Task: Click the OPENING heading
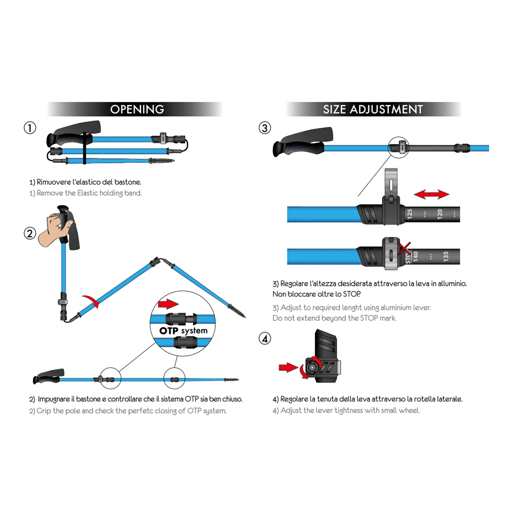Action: click(137, 109)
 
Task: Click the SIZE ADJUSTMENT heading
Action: click(373, 109)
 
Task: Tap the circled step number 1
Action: click(30, 128)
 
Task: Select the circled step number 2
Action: click(30, 234)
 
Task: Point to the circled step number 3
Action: click(265, 128)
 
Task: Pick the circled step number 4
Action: click(265, 338)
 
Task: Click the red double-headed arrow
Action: click(432, 194)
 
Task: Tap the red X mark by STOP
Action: click(405, 249)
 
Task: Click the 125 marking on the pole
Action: click(410, 214)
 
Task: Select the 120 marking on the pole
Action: click(440, 214)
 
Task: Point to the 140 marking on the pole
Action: click(415, 257)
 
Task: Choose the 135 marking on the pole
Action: click(446, 257)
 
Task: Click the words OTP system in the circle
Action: click(183, 331)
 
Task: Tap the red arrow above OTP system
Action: click(168, 304)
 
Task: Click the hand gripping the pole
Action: click(55, 229)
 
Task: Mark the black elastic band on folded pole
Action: click(84, 148)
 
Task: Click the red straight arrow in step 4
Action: click(288, 367)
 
